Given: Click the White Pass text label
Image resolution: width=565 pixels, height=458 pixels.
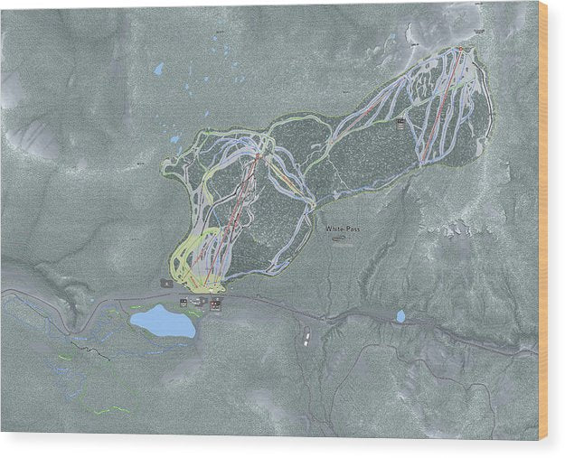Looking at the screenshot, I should tap(343, 229).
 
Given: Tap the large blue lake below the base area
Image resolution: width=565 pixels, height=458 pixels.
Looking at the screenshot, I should tap(162, 321).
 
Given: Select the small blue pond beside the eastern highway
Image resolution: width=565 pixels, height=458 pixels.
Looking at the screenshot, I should tap(400, 316).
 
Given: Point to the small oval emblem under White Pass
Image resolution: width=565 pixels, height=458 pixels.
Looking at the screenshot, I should tap(339, 240).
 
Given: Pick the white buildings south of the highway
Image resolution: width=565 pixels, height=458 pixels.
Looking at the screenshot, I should tap(307, 338).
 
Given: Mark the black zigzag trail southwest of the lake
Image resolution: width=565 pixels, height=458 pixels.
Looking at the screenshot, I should tap(86, 345).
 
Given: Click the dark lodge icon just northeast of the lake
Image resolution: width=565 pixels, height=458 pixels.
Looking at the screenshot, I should tap(215, 304).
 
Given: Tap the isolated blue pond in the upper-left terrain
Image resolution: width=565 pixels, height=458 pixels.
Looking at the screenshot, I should tap(159, 69).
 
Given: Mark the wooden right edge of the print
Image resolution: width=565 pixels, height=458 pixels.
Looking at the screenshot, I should tap(543, 226).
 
